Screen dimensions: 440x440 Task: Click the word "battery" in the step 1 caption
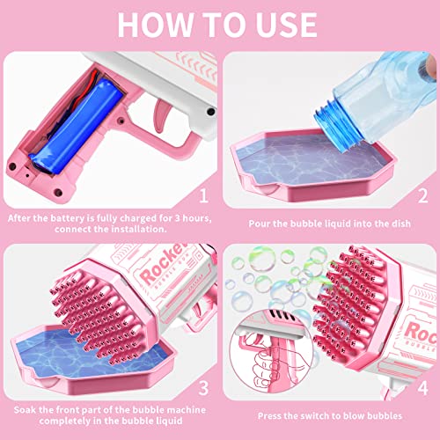(61, 217)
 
